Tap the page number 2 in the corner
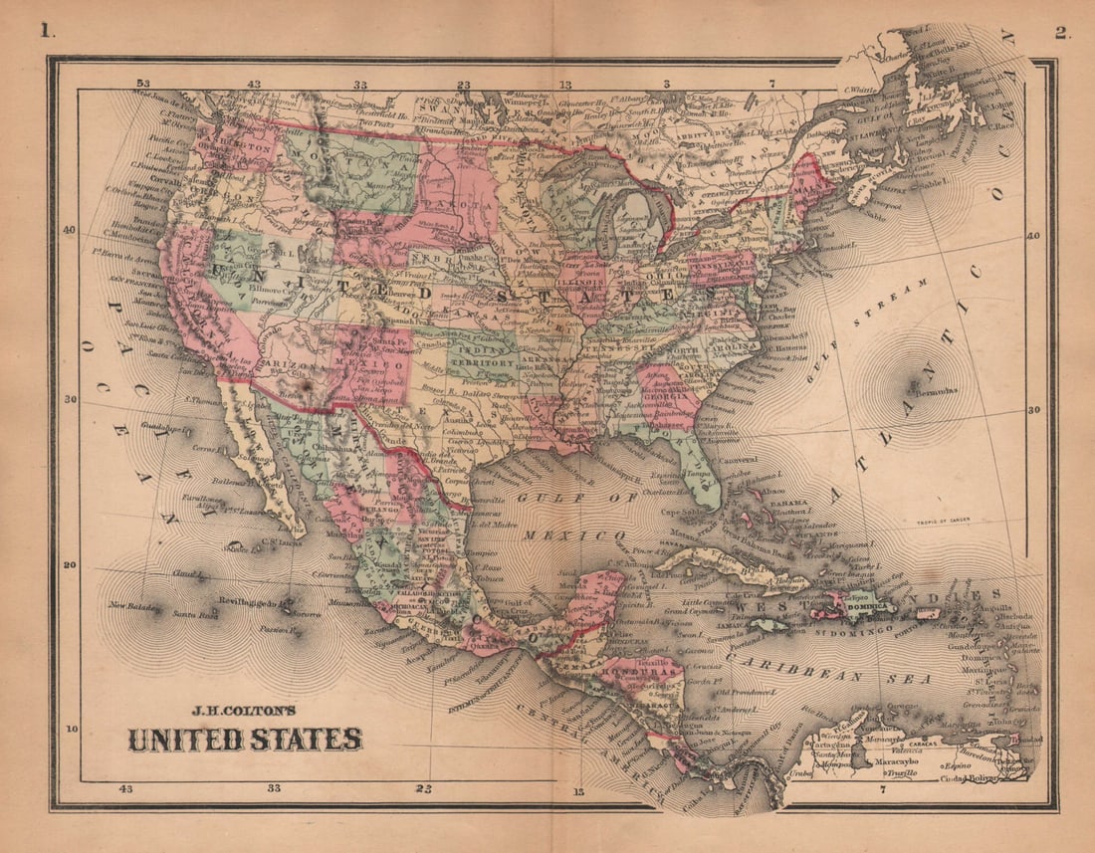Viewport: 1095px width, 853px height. [1062, 32]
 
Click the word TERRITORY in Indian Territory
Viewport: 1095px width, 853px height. [481, 364]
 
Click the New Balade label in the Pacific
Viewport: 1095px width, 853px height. [133, 605]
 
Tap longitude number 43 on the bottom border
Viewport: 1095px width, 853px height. [125, 788]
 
